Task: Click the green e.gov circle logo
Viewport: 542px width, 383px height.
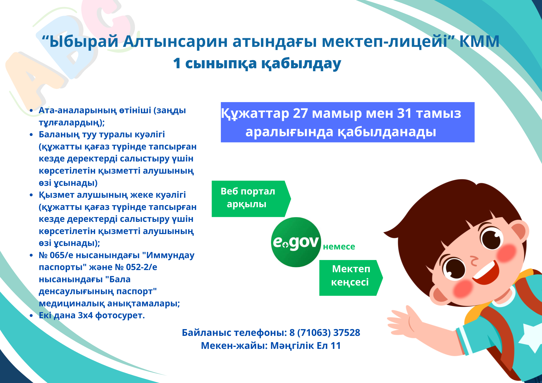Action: pos(296,242)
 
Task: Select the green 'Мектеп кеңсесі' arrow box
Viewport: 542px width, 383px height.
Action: pos(351,278)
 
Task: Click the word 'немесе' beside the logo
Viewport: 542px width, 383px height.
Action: pos(339,246)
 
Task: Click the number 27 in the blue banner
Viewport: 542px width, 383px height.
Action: pos(300,113)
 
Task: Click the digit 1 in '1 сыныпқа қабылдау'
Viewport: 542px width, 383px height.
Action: pos(177,63)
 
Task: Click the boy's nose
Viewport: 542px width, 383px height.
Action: pos(474,261)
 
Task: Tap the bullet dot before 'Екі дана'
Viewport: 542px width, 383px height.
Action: pos(31,316)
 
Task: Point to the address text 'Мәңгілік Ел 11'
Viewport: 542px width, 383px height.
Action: pos(305,346)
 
